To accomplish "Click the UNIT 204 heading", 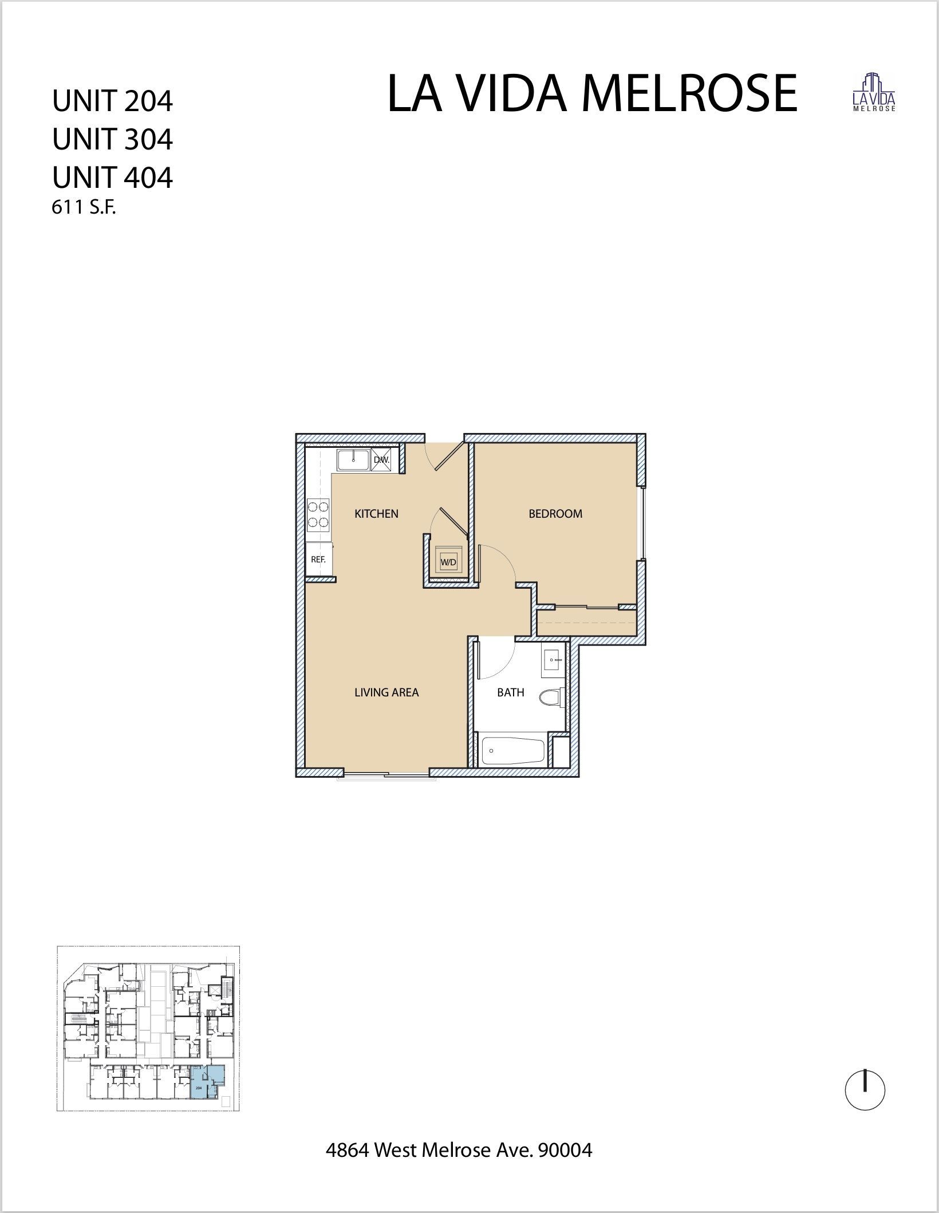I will coord(112,101).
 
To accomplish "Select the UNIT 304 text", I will coord(112,139).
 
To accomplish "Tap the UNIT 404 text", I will coord(112,178).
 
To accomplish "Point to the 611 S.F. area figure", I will coord(84,208).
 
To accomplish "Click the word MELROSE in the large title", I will coord(689,94).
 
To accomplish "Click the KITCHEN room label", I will coord(376,514).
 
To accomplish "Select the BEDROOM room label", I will coord(555,514).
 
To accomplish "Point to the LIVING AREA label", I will coord(386,692).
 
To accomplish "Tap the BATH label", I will coord(510,692).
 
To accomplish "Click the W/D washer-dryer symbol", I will coord(448,562).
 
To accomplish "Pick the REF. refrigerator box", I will coord(319,560).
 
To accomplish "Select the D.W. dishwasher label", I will coord(381,460).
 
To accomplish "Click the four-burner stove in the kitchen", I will coord(318,514).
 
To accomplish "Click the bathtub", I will coord(513,750).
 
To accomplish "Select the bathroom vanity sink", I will coord(553,660).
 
